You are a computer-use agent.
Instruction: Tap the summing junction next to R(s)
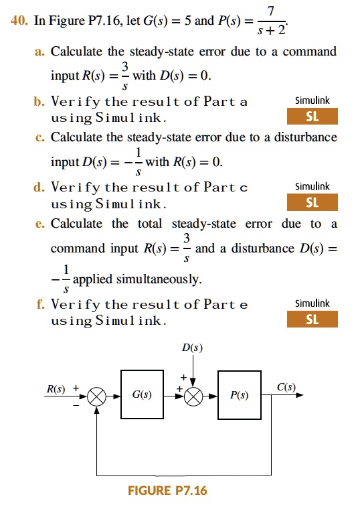click(x=97, y=396)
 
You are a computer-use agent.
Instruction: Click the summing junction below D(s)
click(x=193, y=396)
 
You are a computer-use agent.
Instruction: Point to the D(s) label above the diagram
click(x=192, y=347)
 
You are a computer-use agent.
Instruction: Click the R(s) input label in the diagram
click(x=56, y=388)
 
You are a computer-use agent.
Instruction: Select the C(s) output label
click(x=286, y=387)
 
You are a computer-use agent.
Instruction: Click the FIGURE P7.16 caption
click(x=167, y=490)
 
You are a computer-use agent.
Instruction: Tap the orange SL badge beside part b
click(x=312, y=116)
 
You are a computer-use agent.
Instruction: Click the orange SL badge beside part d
click(x=312, y=202)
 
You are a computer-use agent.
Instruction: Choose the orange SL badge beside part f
click(x=312, y=319)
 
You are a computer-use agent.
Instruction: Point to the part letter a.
click(x=39, y=52)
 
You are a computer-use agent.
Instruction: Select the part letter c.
click(x=39, y=138)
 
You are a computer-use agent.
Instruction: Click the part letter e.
click(x=39, y=224)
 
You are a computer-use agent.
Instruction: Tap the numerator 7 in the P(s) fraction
click(x=271, y=11)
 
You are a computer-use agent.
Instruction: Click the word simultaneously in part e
click(x=159, y=279)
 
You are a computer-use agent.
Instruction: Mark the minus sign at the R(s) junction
click(x=76, y=405)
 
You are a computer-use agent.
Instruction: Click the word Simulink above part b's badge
click(x=312, y=100)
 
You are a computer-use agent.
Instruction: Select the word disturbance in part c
click(x=305, y=137)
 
